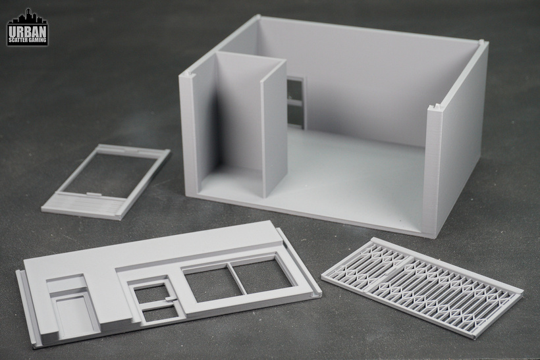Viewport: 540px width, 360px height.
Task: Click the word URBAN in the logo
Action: coord(28,32)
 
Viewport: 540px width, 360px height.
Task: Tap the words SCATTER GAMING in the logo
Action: coord(28,40)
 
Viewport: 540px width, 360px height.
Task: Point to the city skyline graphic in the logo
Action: coord(28,17)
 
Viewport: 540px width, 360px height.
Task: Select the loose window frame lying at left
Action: coord(106,182)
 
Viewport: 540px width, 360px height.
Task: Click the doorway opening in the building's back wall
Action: coord(296,102)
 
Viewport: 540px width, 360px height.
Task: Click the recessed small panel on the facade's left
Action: coord(75,317)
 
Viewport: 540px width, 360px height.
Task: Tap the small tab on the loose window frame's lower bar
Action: coord(92,194)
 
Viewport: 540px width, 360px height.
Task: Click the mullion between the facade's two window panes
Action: coord(238,279)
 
